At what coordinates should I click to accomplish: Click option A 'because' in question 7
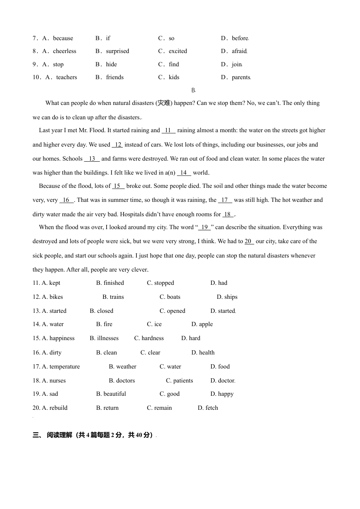tap(63, 38)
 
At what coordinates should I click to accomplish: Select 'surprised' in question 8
tap(117, 51)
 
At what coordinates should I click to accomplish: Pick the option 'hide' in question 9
tap(111, 64)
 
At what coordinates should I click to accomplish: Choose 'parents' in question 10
tap(241, 77)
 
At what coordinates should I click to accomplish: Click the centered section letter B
tap(193, 90)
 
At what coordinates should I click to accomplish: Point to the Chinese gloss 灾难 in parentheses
tap(164, 103)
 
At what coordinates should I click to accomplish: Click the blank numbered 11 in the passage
tap(168, 130)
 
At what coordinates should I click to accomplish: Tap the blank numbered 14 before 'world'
tap(184, 173)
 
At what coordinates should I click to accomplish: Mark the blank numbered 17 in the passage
tap(225, 200)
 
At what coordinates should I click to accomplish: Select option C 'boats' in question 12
tap(173, 297)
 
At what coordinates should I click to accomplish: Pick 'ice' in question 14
tap(158, 324)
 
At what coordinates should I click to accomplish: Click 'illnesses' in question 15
tap(108, 338)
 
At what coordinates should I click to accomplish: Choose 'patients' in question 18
tap(183, 381)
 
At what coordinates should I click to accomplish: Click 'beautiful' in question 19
tap(114, 394)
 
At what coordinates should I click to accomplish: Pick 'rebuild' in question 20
tap(58, 408)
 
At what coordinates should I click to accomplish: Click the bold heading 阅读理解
tap(59, 435)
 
